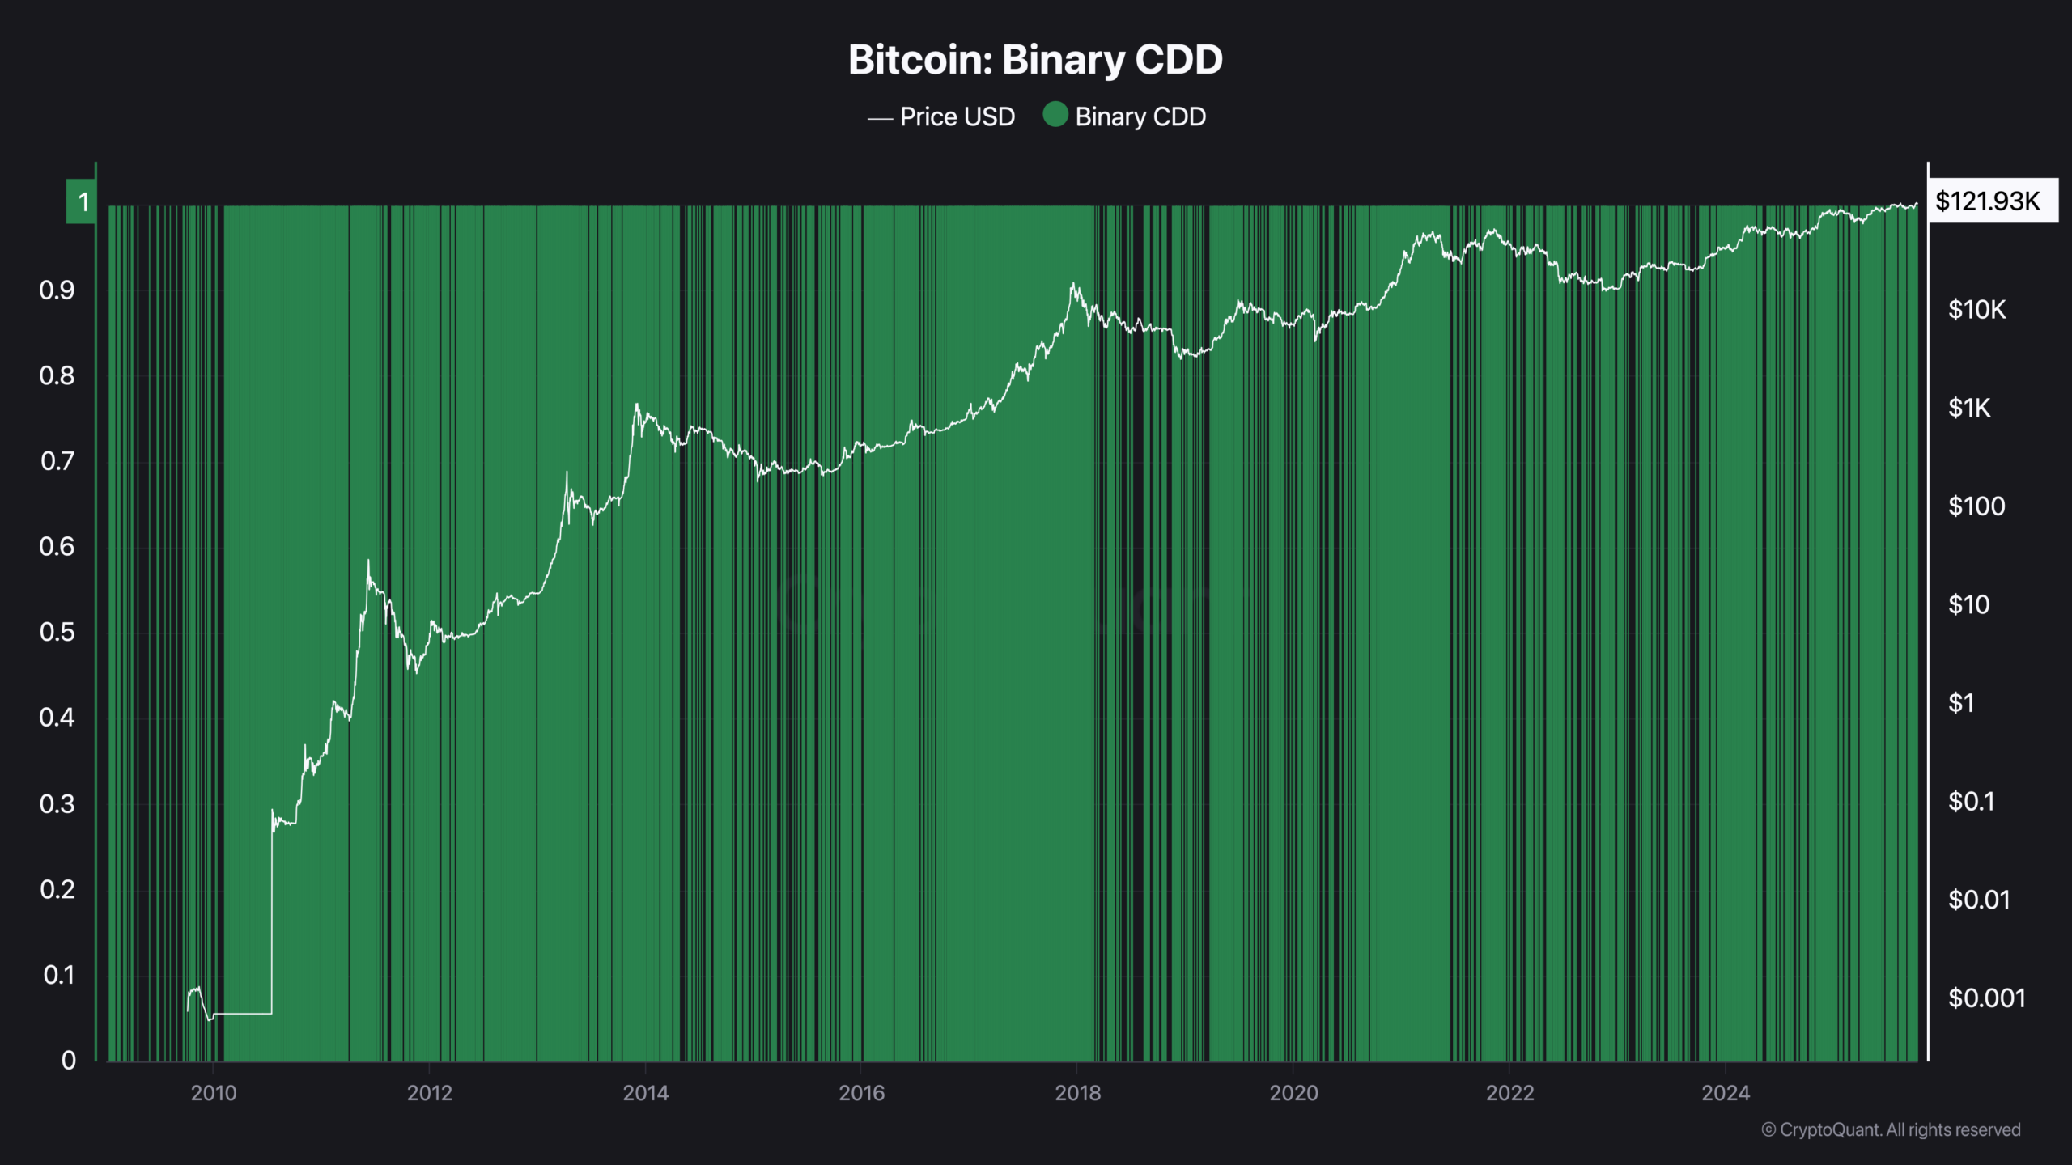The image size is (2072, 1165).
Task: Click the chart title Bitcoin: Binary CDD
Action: click(1035, 60)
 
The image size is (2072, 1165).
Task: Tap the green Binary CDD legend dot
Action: click(1055, 115)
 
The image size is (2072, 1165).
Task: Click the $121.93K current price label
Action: click(1988, 201)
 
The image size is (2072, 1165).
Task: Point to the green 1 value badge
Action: click(82, 201)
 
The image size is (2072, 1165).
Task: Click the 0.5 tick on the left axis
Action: click(57, 632)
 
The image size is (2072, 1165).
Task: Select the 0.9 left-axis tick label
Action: click(57, 290)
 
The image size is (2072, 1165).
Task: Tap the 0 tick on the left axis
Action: click(69, 1060)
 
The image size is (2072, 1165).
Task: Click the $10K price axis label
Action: click(1976, 309)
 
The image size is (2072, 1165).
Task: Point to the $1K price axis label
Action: click(1968, 408)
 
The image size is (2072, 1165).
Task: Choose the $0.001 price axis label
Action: click(1986, 998)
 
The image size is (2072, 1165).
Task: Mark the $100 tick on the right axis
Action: click(1976, 506)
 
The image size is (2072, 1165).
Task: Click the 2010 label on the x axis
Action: click(214, 1093)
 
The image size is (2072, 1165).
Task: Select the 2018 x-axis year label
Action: click(1077, 1093)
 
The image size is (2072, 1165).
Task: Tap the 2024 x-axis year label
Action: click(1726, 1093)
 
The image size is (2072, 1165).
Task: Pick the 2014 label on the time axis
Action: click(645, 1093)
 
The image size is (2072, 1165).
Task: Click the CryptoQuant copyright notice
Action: click(1891, 1129)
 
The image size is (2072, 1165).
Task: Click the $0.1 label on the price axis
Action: click(1971, 802)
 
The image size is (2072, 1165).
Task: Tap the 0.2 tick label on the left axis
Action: click(57, 889)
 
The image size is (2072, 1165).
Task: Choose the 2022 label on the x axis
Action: click(1509, 1093)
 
